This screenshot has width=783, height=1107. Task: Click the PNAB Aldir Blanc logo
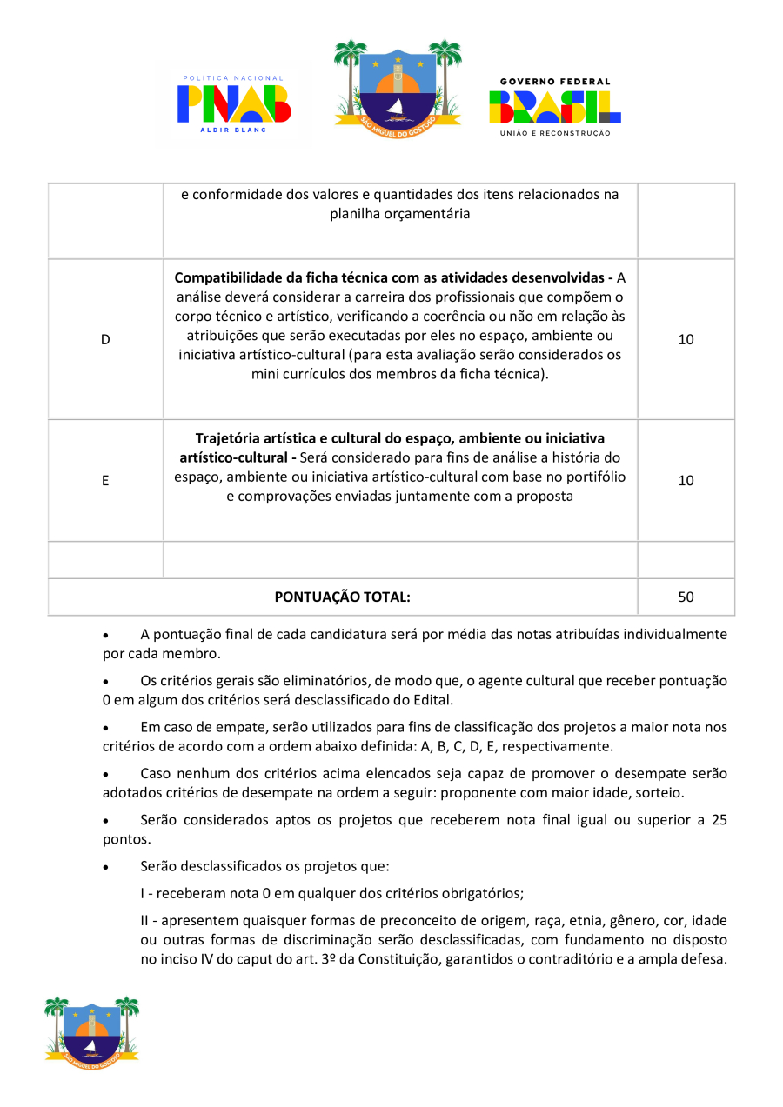pos(234,103)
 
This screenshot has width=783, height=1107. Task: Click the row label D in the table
pos(105,340)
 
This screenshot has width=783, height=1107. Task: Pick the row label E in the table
pos(105,480)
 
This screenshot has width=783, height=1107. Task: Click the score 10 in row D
pos(686,340)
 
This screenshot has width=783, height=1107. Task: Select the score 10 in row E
pos(686,480)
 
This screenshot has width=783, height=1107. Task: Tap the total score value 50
pos(686,597)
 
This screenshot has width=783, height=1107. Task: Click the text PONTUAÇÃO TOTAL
pos(342,597)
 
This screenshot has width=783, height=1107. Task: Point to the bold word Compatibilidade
pos(230,278)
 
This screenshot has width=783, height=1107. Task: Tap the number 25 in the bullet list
pos(718,820)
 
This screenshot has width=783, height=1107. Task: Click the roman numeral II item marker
pos(145,921)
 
